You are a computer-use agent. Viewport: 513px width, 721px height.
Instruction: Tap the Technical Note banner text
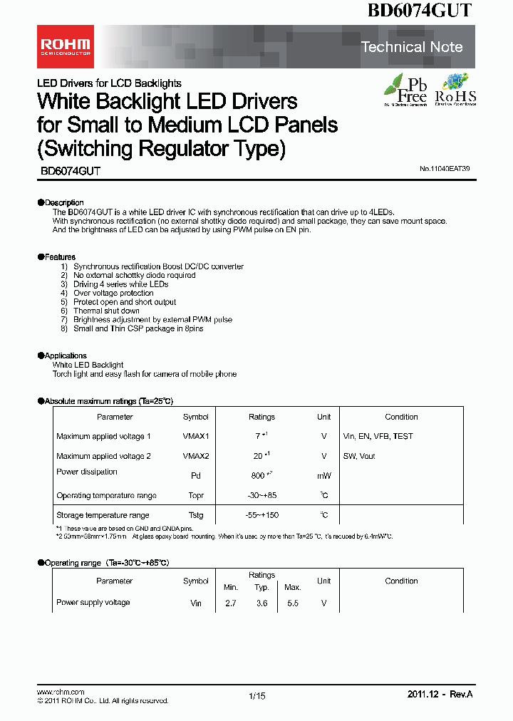coord(412,47)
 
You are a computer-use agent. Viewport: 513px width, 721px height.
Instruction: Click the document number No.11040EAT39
coord(445,169)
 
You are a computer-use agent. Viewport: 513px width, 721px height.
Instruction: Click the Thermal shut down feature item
coord(106,311)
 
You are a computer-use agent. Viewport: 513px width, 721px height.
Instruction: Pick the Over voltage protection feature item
coord(113,293)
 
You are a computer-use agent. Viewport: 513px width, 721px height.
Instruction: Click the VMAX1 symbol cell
coord(195,436)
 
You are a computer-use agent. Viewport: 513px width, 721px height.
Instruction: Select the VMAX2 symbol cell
coord(195,456)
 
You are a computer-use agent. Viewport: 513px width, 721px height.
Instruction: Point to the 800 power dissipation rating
coord(260,475)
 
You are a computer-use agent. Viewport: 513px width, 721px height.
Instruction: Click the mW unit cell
coord(323,475)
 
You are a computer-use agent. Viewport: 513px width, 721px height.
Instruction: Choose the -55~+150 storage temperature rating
coord(261,515)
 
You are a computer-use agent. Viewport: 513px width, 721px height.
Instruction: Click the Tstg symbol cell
coord(195,515)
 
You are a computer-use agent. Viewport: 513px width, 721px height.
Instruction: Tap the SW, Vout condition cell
coord(358,456)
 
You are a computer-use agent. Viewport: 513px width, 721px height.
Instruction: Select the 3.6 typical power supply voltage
coord(261,603)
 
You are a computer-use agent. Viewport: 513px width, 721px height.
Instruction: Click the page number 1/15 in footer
coord(256,696)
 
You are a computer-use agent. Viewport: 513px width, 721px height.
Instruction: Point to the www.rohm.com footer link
coord(61,692)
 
